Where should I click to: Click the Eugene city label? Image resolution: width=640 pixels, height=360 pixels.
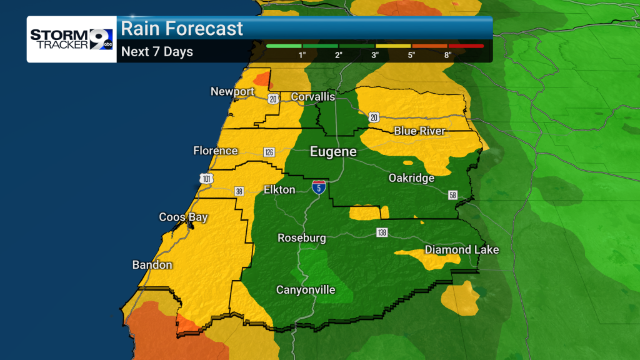(x=334, y=152)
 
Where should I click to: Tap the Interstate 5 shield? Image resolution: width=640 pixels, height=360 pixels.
(x=319, y=187)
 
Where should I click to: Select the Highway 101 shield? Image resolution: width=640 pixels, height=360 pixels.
(x=207, y=179)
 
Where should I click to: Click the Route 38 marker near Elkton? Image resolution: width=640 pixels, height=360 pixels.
(x=239, y=191)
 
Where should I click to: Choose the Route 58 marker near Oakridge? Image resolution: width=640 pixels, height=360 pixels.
(x=453, y=195)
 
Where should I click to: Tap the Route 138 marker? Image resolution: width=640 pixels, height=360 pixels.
(x=382, y=232)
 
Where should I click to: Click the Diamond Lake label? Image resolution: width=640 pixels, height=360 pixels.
(x=461, y=250)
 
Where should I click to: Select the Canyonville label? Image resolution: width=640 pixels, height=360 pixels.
(x=306, y=290)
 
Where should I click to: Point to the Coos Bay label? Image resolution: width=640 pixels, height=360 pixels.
(x=183, y=217)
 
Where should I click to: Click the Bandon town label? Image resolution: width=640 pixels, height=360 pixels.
(x=152, y=265)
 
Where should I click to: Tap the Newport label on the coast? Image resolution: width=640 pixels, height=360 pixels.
(x=232, y=92)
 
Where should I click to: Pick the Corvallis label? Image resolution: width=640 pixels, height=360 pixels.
(x=313, y=97)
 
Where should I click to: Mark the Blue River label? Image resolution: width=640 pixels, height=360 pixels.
(x=419, y=131)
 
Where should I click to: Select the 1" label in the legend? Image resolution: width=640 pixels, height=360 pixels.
(x=302, y=55)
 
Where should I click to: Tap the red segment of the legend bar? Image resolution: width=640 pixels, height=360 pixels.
(x=466, y=46)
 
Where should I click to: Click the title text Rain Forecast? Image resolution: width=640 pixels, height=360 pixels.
(x=182, y=28)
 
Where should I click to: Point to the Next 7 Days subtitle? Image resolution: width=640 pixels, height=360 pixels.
(x=157, y=52)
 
